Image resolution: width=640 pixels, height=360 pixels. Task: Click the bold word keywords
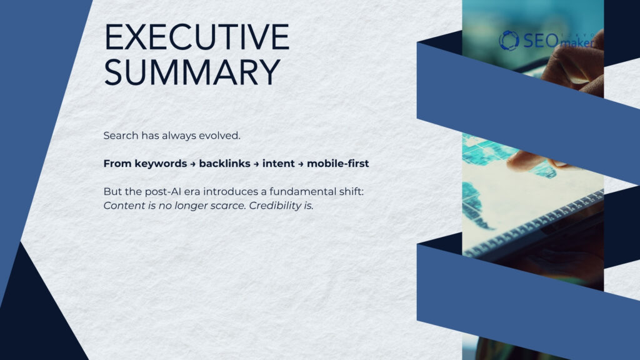(158, 164)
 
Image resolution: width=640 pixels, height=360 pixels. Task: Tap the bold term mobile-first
(337, 164)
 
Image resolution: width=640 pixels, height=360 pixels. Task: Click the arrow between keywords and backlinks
(192, 164)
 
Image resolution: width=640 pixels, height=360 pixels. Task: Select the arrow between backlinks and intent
(257, 164)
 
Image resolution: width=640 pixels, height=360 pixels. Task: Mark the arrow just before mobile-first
(301, 164)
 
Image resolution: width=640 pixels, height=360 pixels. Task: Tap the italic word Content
(122, 206)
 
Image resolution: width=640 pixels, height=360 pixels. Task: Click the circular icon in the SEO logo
(509, 40)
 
